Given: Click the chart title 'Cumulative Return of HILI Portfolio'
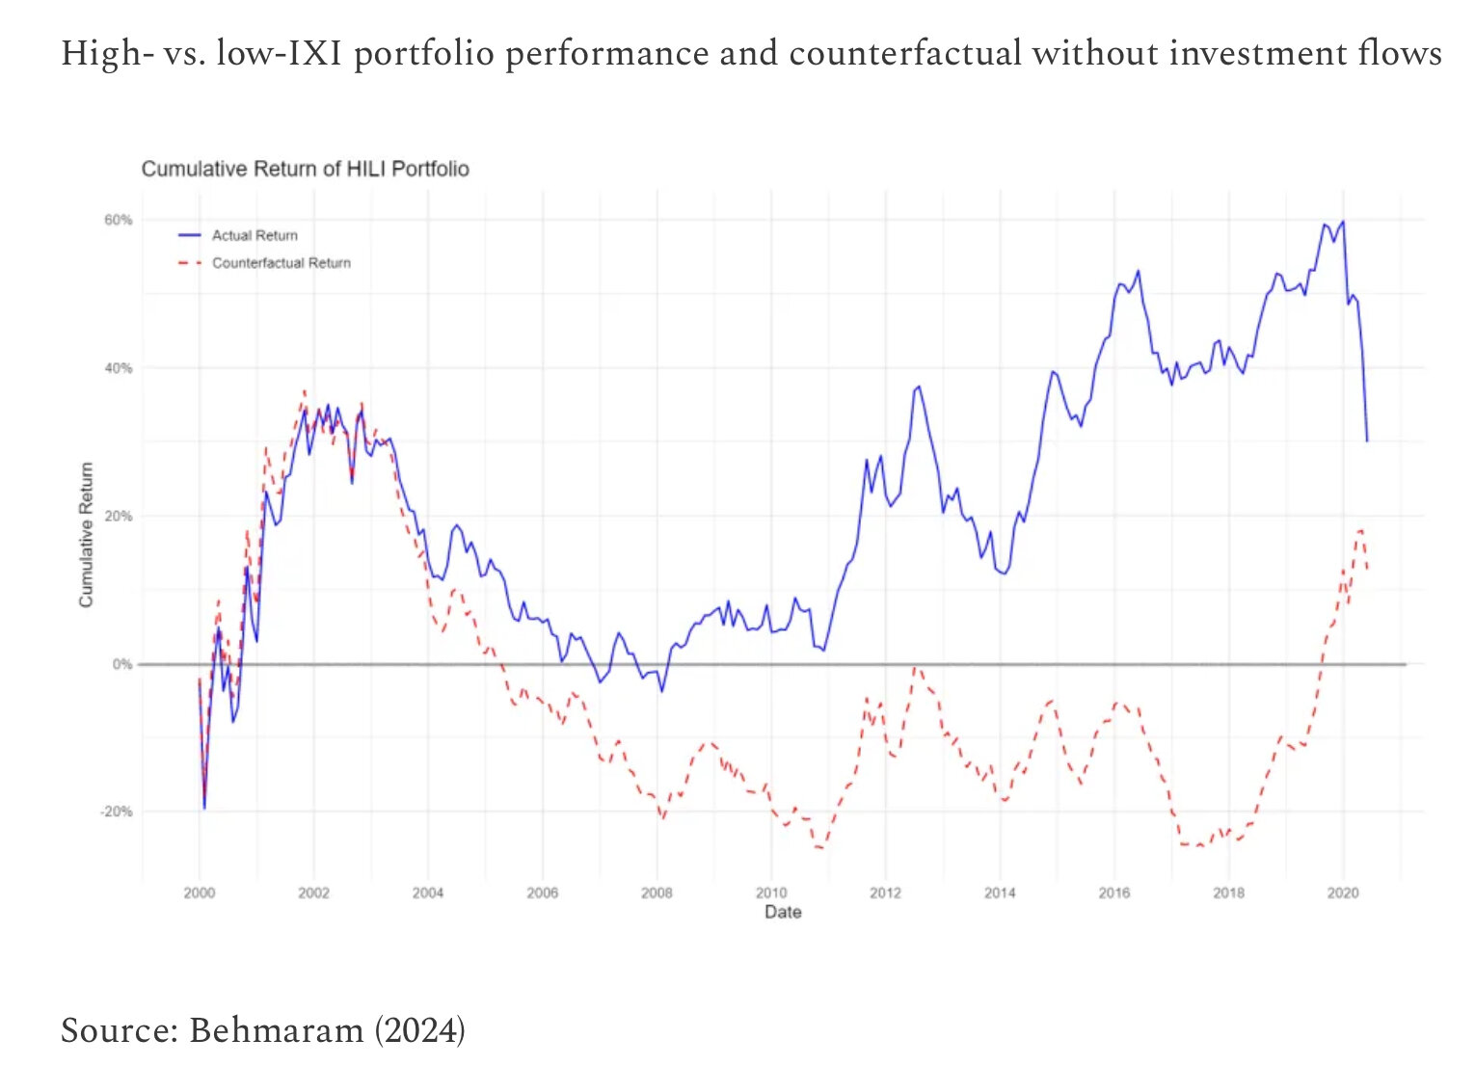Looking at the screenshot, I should pyautogui.click(x=305, y=169).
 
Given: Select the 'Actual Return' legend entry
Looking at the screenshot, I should pyautogui.click(x=255, y=235).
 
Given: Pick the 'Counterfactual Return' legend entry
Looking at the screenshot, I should pyautogui.click(x=281, y=263).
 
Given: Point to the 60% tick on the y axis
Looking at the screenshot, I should pyautogui.click(x=119, y=220).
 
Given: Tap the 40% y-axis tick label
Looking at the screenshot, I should pyautogui.click(x=119, y=368).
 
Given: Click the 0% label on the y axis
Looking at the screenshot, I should pyautogui.click(x=122, y=664).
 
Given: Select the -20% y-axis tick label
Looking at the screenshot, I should pyautogui.click(x=117, y=812).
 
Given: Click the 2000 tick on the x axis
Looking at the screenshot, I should pyautogui.click(x=200, y=893).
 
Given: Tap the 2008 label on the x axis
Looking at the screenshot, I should pyautogui.click(x=657, y=893).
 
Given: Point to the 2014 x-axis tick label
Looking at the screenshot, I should pyautogui.click(x=1000, y=893).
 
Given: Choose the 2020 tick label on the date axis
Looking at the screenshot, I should pyautogui.click(x=1343, y=893).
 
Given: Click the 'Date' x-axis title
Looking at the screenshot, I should pyautogui.click(x=783, y=912).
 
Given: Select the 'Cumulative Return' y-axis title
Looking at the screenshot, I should pyautogui.click(x=87, y=534).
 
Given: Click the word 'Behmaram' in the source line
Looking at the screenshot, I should pyautogui.click(x=277, y=1029).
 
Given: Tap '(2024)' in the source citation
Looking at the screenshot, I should pyautogui.click(x=419, y=1029).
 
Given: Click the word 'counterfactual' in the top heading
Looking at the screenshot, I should pyautogui.click(x=904, y=53).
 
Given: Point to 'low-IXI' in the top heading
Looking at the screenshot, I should pyautogui.click(x=279, y=53).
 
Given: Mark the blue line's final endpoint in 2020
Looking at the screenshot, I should pyautogui.click(x=1367, y=440).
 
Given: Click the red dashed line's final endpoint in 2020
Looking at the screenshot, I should pyautogui.click(x=1367, y=569).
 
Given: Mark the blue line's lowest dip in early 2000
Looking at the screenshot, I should pyautogui.click(x=204, y=808).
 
